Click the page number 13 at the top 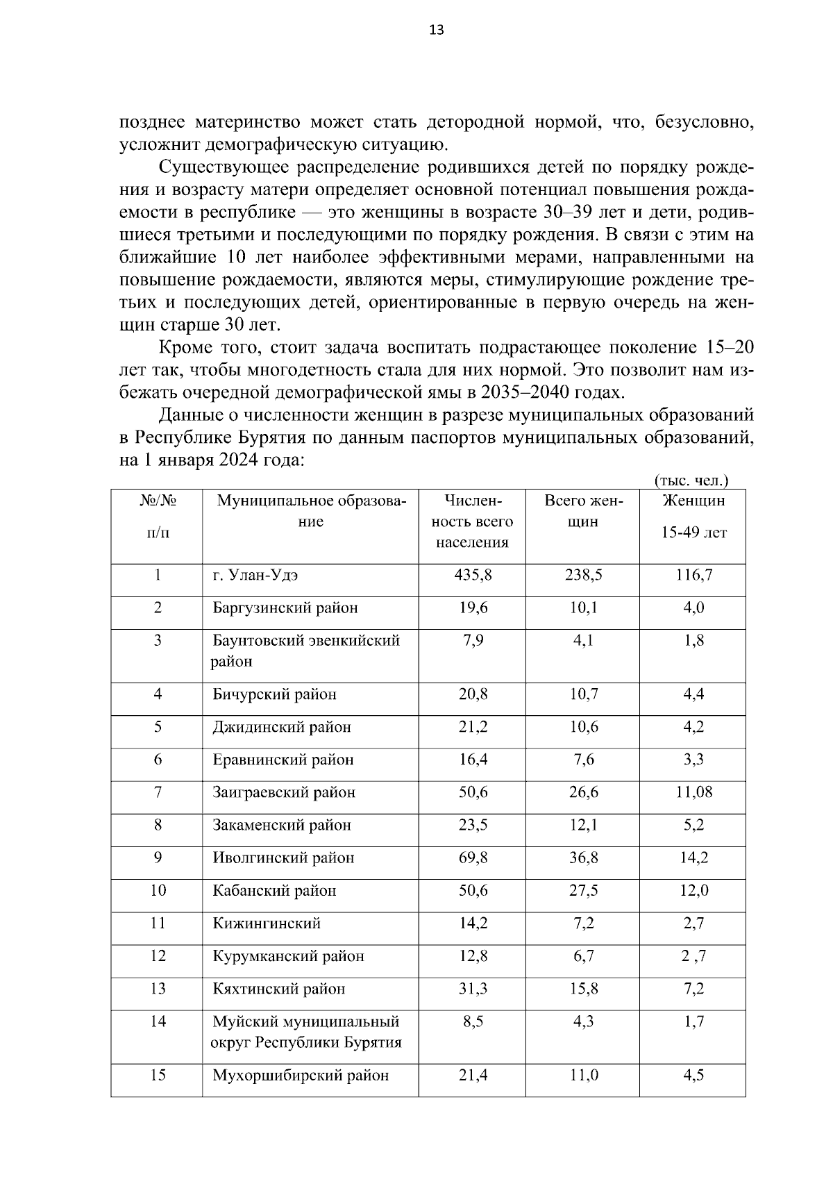(x=437, y=30)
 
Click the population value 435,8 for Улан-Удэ (x=473, y=574)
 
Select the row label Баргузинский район (x=285, y=608)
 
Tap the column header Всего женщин (x=583, y=511)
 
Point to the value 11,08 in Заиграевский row (x=693, y=792)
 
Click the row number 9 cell (x=158, y=858)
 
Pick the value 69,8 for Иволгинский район (x=473, y=858)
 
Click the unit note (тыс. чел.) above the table (x=691, y=480)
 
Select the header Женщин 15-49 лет (x=693, y=516)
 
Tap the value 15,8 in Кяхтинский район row (x=583, y=989)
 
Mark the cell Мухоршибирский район (x=301, y=1076)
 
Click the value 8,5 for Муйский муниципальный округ (x=472, y=1021)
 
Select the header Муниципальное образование (x=310, y=511)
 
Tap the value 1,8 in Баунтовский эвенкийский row (x=693, y=640)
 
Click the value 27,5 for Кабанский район (x=583, y=891)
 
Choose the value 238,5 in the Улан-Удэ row (x=583, y=574)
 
